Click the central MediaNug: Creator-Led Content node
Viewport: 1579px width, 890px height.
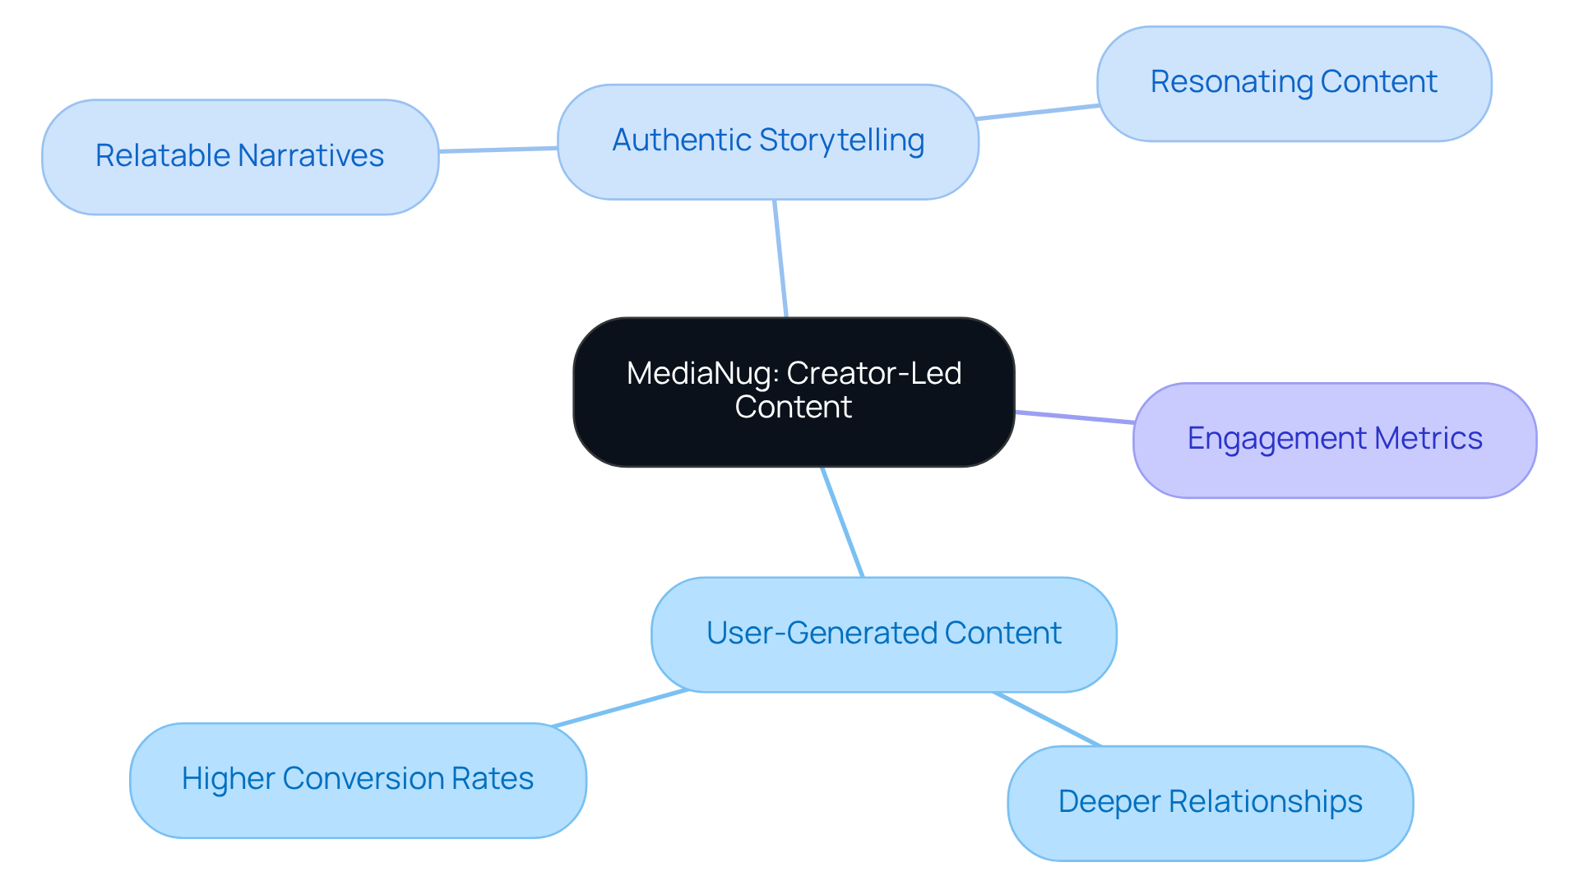794,392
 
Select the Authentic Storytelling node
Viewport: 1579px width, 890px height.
768,141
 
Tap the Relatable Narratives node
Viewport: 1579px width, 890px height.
239,157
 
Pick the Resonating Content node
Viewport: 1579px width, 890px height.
1294,83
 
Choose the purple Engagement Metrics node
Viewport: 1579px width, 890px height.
1334,440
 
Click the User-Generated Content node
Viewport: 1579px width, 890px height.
883,634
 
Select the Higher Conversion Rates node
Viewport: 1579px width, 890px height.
358,780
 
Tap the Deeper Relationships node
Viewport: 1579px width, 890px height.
1210,803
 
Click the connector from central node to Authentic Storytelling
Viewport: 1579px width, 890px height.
780,258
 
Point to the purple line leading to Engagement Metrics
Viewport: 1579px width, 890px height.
1074,417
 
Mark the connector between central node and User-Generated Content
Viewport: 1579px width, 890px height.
842,522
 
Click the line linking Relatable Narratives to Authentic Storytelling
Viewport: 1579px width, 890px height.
498,150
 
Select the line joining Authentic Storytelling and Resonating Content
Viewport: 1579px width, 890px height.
1038,112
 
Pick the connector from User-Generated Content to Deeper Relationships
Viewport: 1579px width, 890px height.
1047,719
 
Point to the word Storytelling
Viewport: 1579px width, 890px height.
841,141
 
